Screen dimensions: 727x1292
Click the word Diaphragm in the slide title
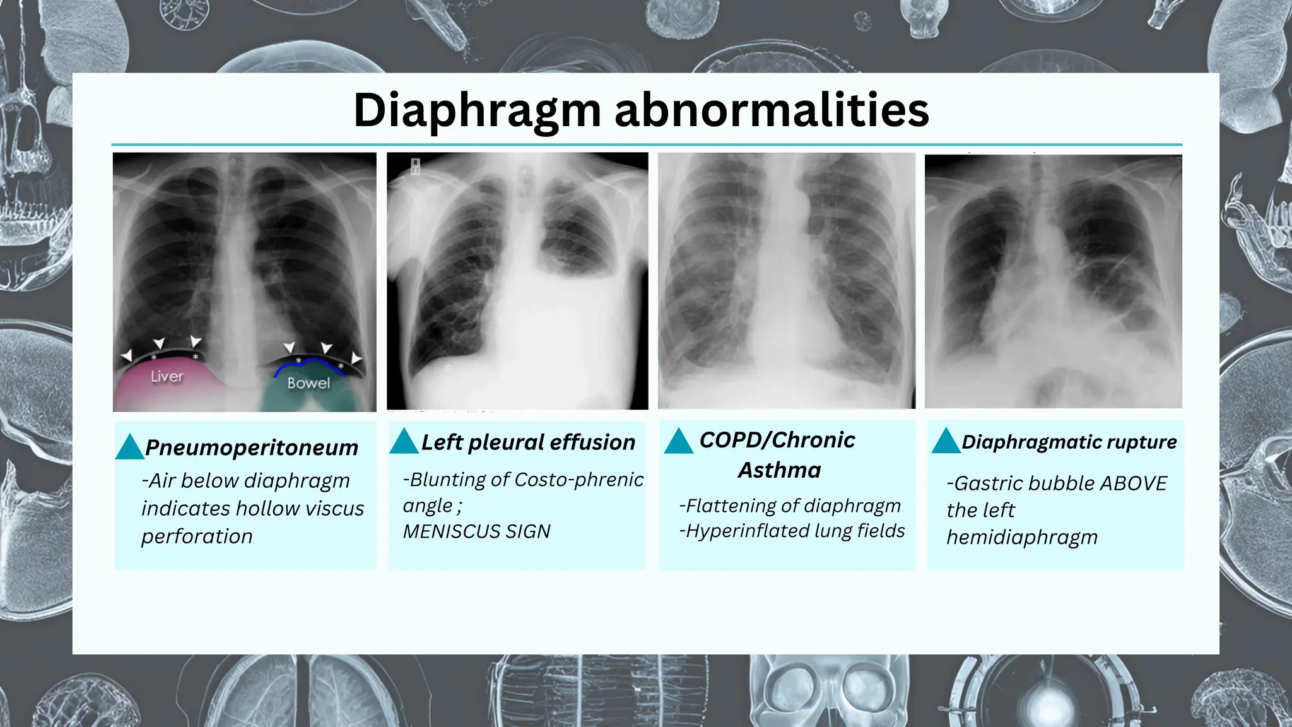(x=477, y=110)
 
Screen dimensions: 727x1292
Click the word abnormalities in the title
(x=771, y=110)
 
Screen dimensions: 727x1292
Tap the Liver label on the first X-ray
(x=167, y=377)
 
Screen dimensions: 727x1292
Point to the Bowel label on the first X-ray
(x=308, y=383)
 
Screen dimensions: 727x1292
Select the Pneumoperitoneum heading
(x=251, y=447)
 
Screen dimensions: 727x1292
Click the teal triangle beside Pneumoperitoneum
(x=130, y=447)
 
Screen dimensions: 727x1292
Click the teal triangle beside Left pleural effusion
(x=404, y=441)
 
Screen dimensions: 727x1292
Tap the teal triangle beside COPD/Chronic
(x=678, y=441)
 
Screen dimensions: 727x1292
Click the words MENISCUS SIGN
(x=476, y=531)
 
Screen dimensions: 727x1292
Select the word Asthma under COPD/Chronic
(x=780, y=470)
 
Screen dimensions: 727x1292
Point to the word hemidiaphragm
(x=1022, y=537)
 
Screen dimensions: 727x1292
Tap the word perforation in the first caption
(x=197, y=536)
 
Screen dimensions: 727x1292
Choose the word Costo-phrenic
(x=579, y=480)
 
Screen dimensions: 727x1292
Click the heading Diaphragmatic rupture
(x=1069, y=442)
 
